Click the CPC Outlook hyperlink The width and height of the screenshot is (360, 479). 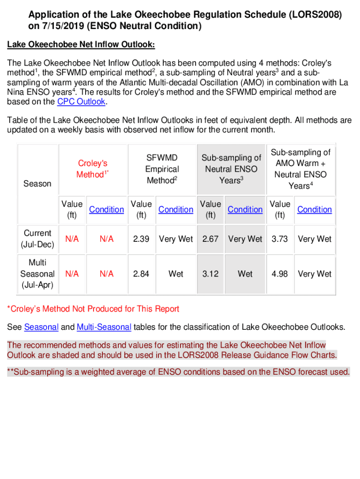(78, 102)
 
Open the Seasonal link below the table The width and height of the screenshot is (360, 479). (41, 327)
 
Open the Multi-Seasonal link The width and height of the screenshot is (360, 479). (104, 327)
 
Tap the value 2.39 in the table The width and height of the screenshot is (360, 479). (141, 239)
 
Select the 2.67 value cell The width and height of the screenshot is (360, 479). (210, 239)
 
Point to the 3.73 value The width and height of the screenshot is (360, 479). (280, 239)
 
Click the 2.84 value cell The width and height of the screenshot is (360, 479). (141, 274)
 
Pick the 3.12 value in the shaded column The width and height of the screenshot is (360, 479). (210, 274)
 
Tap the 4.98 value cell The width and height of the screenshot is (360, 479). (280, 274)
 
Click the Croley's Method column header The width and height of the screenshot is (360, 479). (93, 169)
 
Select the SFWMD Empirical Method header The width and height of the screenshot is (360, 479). (162, 169)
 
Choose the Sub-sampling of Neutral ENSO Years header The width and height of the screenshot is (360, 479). (231, 169)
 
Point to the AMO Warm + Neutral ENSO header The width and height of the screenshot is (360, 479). (301, 169)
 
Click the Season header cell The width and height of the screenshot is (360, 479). (37, 184)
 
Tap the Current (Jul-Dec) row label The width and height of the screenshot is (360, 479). (37, 239)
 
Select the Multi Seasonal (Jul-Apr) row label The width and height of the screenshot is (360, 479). (37, 274)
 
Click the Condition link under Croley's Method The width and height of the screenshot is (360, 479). (107, 210)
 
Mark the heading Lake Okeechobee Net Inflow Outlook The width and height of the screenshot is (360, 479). (80, 44)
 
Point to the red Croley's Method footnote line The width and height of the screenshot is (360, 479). (93, 309)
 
